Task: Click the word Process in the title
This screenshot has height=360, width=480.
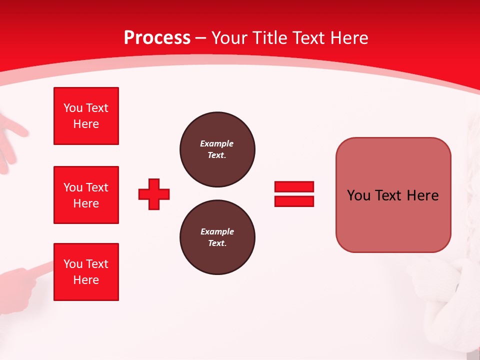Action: pyautogui.click(x=157, y=38)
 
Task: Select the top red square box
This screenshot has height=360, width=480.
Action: pyautogui.click(x=86, y=116)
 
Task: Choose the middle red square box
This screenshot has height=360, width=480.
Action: pyautogui.click(x=86, y=195)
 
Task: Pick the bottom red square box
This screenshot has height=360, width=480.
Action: pyautogui.click(x=86, y=272)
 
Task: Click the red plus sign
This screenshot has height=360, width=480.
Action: pyautogui.click(x=154, y=194)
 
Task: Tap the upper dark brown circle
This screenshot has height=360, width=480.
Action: pyautogui.click(x=217, y=149)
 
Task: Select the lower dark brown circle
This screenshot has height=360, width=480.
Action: pyautogui.click(x=217, y=237)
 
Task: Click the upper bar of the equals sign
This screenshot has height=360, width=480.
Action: pyautogui.click(x=294, y=186)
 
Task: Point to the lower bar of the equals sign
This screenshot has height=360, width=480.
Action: pyautogui.click(x=294, y=201)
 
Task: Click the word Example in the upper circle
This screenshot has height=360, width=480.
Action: pyautogui.click(x=217, y=143)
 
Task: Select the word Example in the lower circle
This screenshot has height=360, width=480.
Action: pyautogui.click(x=217, y=231)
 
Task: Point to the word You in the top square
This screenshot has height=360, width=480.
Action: pyautogui.click(x=72, y=108)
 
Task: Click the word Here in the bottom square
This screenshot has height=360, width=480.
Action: pyautogui.click(x=86, y=280)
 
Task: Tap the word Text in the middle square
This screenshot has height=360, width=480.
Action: pyautogui.click(x=97, y=187)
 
